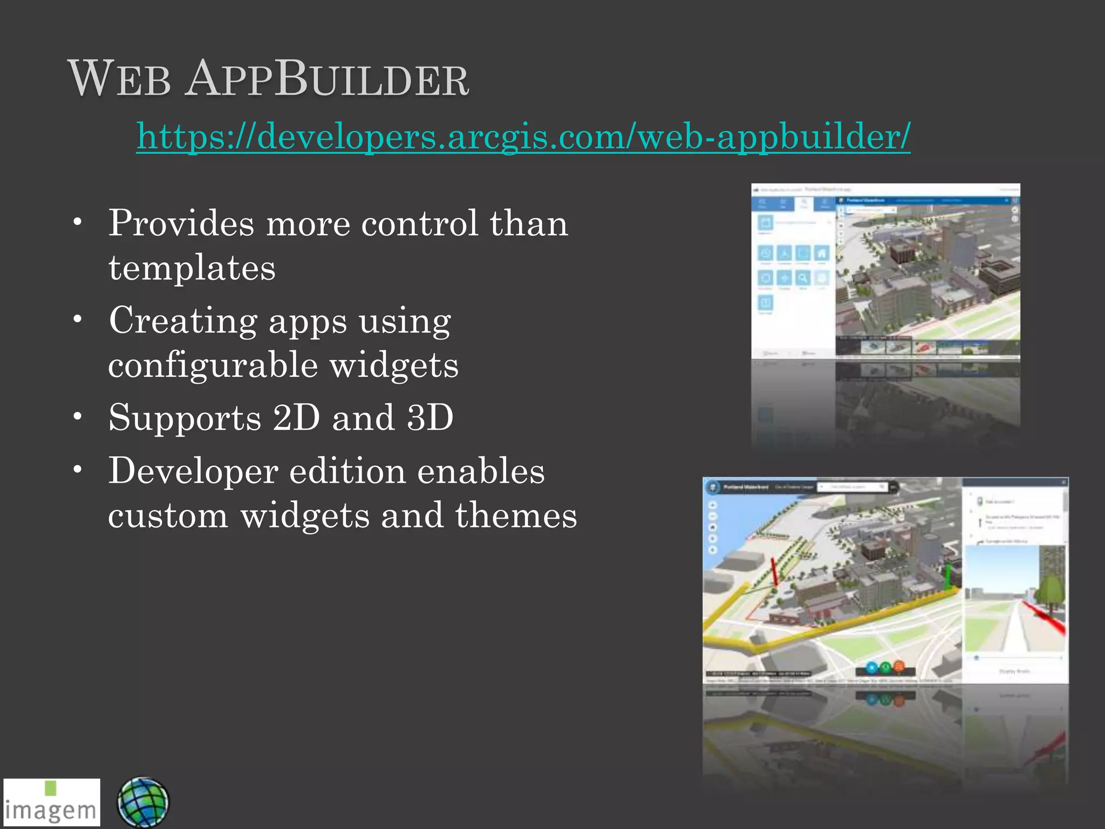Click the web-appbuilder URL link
click(523, 136)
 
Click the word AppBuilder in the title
click(327, 80)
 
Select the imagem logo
click(52, 802)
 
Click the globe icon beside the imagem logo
click(143, 803)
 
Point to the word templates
click(192, 268)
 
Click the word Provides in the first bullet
click(181, 223)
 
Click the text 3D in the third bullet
click(430, 418)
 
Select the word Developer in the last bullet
click(193, 471)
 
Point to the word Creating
click(183, 321)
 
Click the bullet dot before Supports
click(78, 416)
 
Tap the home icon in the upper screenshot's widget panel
click(821, 253)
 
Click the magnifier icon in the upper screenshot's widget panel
click(803, 278)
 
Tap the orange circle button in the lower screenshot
click(899, 667)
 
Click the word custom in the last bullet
click(168, 515)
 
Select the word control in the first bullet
click(419, 223)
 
